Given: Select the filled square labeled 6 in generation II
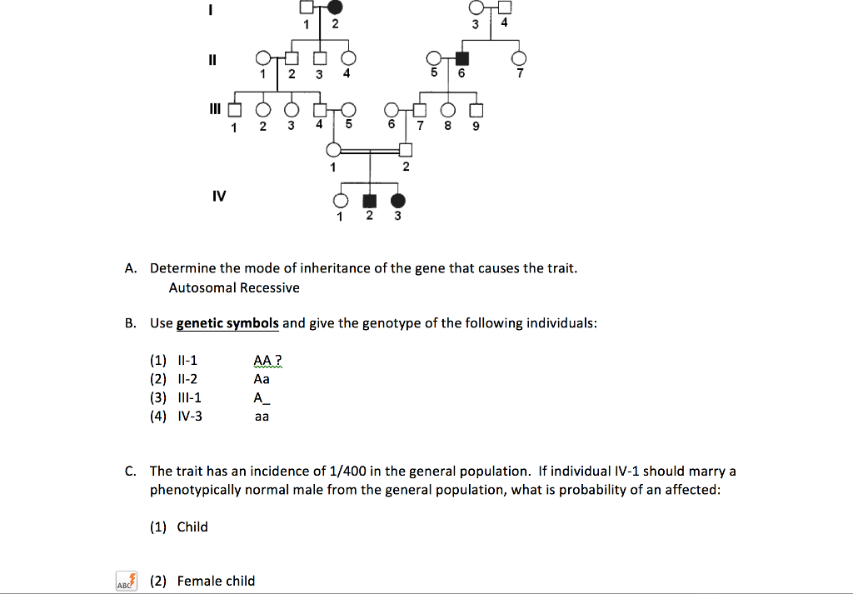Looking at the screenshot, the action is pyautogui.click(x=462, y=58).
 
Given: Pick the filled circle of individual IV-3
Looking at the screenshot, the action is pyautogui.click(x=398, y=201).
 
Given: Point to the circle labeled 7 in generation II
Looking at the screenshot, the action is pyautogui.click(x=521, y=58).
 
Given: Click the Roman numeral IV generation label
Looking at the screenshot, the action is pyautogui.click(x=219, y=197).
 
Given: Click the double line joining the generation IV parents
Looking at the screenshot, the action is pyautogui.click(x=370, y=151).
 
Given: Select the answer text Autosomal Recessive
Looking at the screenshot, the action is pyautogui.click(x=234, y=288).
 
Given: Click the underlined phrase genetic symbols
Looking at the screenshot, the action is pyautogui.click(x=227, y=323).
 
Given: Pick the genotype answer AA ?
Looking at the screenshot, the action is pyautogui.click(x=268, y=361).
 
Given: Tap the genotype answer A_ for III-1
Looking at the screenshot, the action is pyautogui.click(x=262, y=397).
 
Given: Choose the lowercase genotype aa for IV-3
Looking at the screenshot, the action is pyautogui.click(x=262, y=416).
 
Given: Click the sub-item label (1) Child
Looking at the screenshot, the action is pyautogui.click(x=179, y=527).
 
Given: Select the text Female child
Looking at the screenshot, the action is pyautogui.click(x=216, y=581).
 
